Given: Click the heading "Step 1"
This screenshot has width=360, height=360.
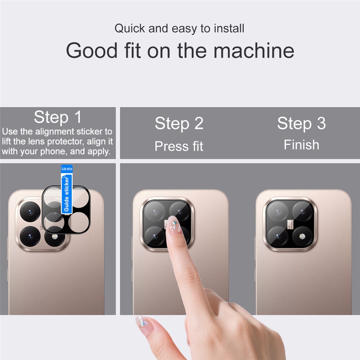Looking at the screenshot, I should pos(58,117).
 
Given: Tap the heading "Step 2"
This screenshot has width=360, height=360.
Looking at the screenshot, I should pos(179,124).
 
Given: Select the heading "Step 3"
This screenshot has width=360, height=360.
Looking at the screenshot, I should pos(301,123).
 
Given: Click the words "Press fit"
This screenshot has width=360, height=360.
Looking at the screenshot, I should pos(179,146).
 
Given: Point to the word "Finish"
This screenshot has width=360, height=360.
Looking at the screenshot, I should pos(301,145).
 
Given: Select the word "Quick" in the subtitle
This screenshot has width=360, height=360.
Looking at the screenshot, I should pos(130,28).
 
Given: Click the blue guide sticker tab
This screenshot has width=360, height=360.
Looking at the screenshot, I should pos(67,189).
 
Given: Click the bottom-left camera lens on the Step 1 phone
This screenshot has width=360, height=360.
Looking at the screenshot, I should pos(30,236).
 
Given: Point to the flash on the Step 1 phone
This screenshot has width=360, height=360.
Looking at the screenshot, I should pos(54,237).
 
